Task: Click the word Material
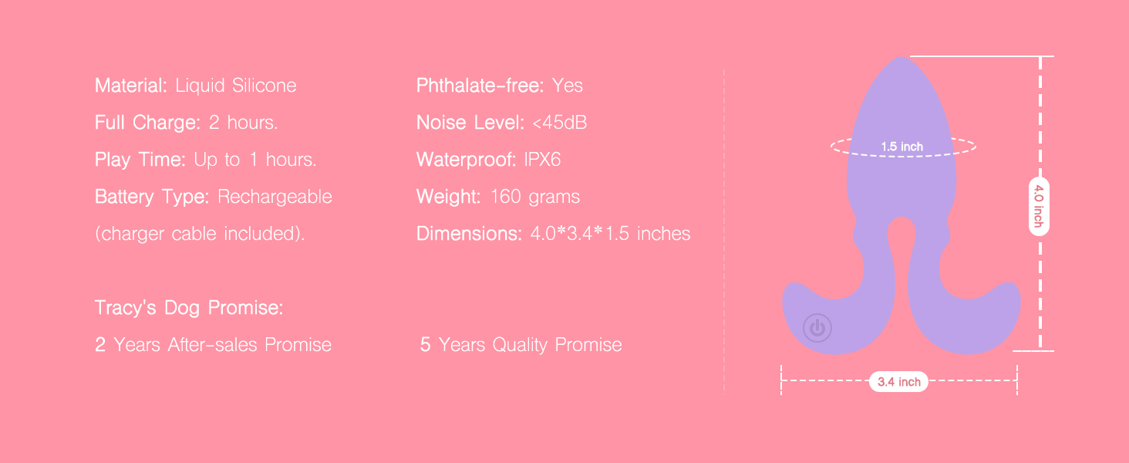click(130, 85)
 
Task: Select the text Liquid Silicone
click(236, 86)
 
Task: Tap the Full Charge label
click(147, 123)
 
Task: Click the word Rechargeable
click(275, 197)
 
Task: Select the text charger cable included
click(200, 234)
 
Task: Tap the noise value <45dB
click(559, 123)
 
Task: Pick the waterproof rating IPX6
click(542, 160)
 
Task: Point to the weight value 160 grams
click(534, 197)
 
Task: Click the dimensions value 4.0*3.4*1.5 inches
click(610, 234)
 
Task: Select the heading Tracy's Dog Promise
click(189, 308)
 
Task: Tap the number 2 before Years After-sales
click(100, 344)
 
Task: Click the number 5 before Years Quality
click(426, 344)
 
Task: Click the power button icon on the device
click(817, 328)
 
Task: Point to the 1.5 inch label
click(902, 147)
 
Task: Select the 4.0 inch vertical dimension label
click(1039, 206)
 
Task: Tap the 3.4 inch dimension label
click(899, 382)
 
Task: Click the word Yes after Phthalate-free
click(568, 86)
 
